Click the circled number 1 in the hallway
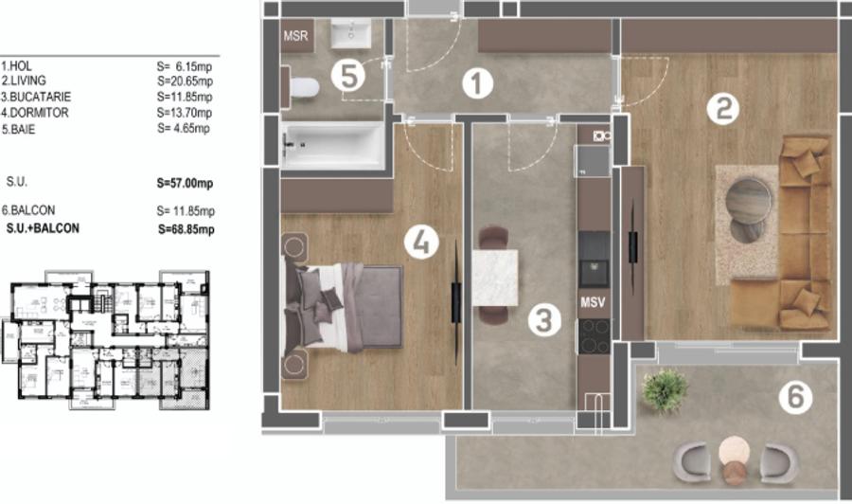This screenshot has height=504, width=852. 478,84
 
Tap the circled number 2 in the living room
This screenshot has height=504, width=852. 722,111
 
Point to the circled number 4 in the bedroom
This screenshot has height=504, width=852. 420,243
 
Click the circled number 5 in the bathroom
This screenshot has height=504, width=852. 349,76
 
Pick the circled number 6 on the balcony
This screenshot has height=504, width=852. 795,399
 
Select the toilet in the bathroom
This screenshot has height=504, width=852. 301,88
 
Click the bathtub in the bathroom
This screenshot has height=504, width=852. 334,146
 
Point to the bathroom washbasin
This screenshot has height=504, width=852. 353,35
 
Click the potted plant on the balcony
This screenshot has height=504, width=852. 664,389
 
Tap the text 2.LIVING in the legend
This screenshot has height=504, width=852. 24,82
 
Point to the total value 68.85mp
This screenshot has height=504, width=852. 186,229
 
